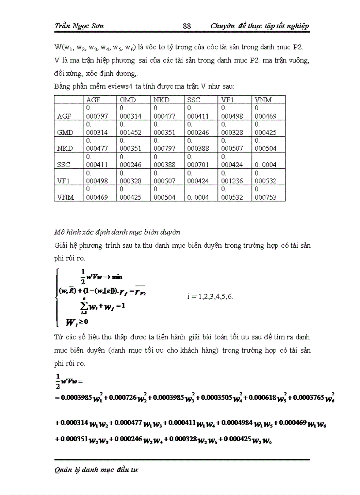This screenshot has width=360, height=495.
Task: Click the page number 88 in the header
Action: point(187,26)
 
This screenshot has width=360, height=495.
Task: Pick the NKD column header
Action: point(161,100)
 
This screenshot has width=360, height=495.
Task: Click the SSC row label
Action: point(64,165)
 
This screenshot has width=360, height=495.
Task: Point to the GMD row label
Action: point(65,132)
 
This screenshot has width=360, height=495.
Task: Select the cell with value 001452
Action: point(130,132)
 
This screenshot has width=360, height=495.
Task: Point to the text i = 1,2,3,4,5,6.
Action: point(210,296)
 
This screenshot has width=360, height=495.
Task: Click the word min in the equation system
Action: point(116,277)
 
